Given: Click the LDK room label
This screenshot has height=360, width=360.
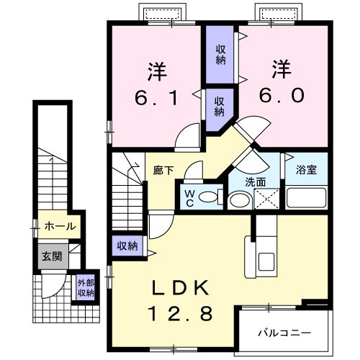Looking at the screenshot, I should click(x=180, y=288).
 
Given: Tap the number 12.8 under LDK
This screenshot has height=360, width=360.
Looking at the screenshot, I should click(x=180, y=314).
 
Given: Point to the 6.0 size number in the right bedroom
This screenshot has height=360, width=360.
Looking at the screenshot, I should click(x=281, y=96).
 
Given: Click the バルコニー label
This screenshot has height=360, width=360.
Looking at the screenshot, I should click(x=284, y=333).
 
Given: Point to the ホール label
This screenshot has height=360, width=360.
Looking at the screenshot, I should click(x=60, y=226).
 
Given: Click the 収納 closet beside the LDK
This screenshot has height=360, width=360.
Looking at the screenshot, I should click(x=127, y=246).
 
